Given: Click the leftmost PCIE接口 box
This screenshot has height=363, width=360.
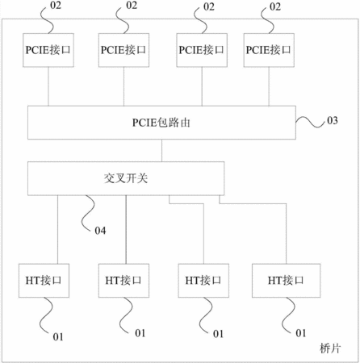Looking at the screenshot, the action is tap(48, 50).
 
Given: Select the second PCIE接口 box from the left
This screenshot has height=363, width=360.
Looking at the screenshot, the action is tap(123, 50).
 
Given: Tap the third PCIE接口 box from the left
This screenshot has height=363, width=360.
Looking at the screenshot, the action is tap(202, 50).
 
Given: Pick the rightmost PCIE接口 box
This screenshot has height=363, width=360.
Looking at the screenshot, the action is tap(269, 50).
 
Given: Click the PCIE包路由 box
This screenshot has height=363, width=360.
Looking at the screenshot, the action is tap(161, 123).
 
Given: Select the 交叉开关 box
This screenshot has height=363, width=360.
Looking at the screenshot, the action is tap(126, 178).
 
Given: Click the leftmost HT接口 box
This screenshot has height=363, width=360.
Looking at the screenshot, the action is tap(44, 281).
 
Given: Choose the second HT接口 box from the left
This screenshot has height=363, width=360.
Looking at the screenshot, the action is tap(123, 281).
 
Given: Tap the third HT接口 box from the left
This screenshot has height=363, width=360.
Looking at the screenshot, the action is tap(203, 281).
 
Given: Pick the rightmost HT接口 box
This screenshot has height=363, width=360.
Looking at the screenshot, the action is tap(286, 281).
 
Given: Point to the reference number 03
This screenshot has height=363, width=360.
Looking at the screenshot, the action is tap(333, 120).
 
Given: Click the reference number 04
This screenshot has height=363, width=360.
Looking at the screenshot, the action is tap(100, 231).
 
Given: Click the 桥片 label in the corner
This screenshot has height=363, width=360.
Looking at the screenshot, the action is tap(330, 348).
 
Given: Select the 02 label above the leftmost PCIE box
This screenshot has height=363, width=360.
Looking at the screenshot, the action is tap(56, 6).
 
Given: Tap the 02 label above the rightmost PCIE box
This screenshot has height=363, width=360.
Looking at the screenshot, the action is tap(275, 6).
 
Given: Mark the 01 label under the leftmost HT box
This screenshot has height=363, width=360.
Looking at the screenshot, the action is tap(58, 336).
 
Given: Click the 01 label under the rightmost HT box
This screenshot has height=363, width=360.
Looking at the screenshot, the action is tap(301, 333).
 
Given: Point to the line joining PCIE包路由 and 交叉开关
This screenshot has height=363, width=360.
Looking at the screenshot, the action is tap(161, 151).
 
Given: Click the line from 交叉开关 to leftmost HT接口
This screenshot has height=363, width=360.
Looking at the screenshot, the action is tap(57, 229).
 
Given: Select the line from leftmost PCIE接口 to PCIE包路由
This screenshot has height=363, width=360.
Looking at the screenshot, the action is tap(48, 86).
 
